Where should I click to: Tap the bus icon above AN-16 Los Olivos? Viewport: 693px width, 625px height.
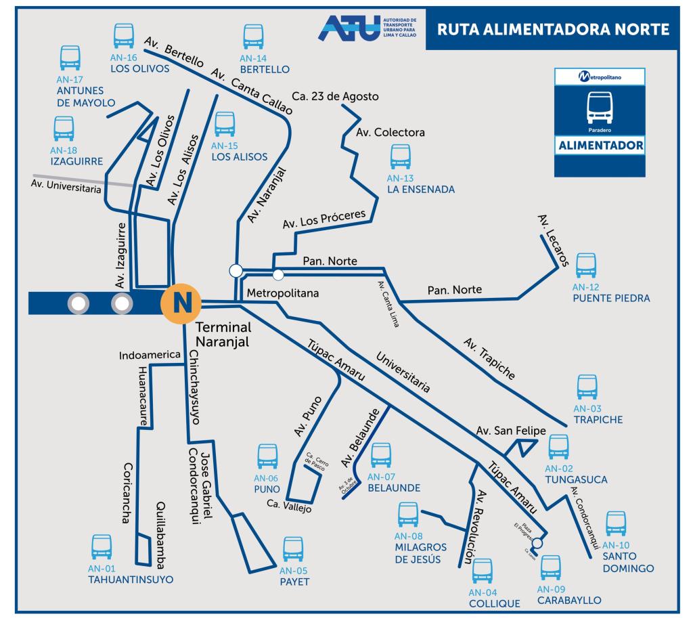coord(123,35)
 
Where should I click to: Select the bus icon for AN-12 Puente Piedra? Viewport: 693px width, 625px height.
coord(586,266)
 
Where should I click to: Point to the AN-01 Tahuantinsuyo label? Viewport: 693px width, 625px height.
coord(130,574)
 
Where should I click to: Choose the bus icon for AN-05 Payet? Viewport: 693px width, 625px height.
coord(293,549)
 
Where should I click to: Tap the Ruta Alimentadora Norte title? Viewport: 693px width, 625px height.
coord(553,30)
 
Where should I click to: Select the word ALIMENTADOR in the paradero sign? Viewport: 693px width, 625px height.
coord(600,146)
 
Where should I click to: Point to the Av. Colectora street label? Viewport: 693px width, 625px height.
coord(390,133)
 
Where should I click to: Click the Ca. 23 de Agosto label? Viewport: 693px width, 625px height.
coord(335,96)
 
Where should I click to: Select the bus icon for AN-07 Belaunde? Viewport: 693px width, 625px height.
coord(381,455)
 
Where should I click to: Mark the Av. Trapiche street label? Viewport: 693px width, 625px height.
coord(489,358)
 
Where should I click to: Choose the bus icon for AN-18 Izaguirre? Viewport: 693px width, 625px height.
coord(64,128)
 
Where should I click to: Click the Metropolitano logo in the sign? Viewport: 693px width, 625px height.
coord(600,77)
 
